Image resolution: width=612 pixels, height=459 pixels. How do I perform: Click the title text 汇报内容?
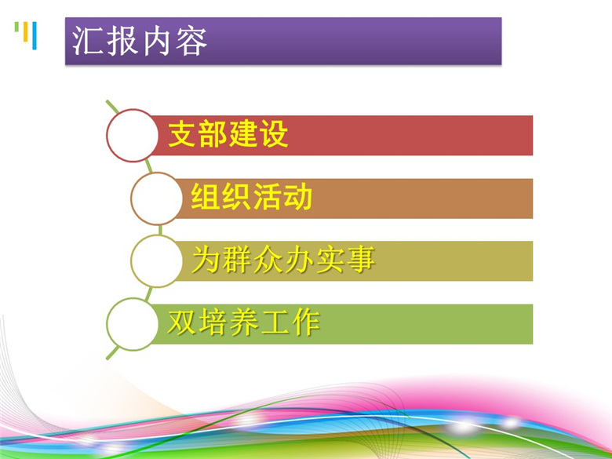tap(140, 42)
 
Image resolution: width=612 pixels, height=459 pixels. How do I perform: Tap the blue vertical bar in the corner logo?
tap(35, 35)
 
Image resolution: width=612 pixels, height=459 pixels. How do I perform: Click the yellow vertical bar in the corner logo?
tap(26, 31)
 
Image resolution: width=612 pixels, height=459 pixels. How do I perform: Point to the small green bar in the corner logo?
tap(16, 27)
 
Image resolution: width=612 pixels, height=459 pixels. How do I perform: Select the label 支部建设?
tap(228, 134)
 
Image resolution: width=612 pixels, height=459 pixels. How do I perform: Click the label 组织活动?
tap(252, 196)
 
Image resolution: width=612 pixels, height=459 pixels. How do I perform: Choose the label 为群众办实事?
tap(284, 260)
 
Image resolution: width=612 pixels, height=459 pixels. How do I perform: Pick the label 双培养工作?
tap(244, 322)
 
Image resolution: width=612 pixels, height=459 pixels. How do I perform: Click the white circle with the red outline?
tap(133, 136)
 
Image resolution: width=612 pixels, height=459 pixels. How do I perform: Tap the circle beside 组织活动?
tap(156, 199)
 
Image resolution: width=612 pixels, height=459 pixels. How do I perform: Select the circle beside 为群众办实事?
tap(156, 261)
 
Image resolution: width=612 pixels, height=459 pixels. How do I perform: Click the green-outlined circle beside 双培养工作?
tap(133, 324)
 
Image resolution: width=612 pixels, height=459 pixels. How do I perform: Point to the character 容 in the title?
tap(191, 42)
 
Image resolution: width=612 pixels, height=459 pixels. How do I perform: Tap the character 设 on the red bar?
tap(275, 134)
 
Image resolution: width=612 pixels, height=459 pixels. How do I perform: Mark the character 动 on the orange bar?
tap(299, 196)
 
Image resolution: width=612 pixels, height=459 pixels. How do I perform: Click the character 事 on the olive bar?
tap(362, 260)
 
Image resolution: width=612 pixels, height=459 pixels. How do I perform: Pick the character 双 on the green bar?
tap(182, 322)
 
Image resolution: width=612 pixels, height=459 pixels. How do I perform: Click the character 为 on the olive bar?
tap(206, 260)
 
